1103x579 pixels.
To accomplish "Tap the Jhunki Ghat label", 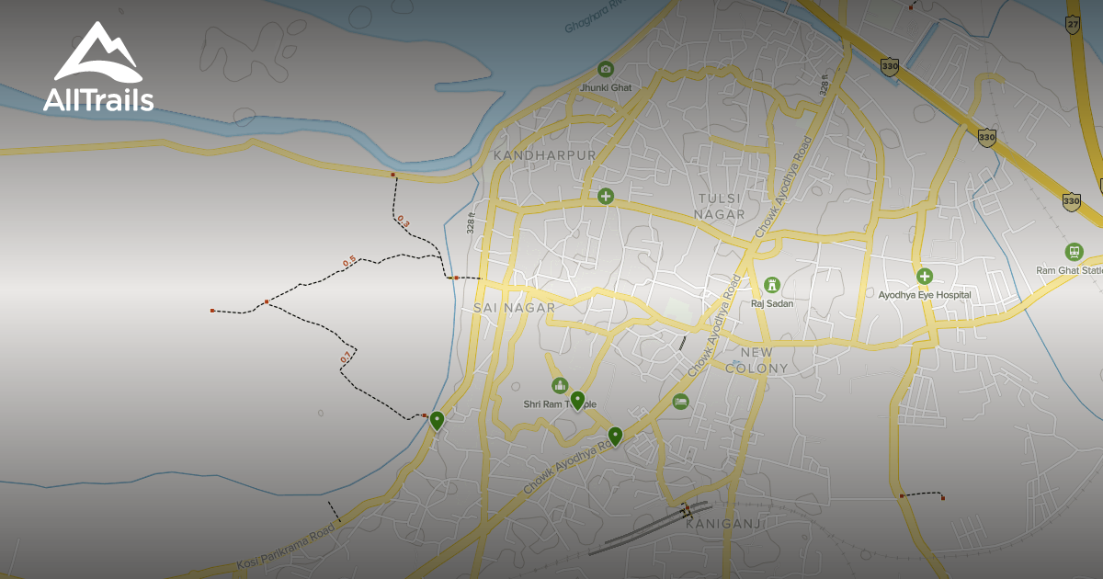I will (x=605, y=87).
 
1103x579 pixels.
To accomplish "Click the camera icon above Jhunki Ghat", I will (x=605, y=69).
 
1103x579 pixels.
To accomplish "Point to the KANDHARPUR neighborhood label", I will (x=544, y=155).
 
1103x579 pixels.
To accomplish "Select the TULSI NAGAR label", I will (x=720, y=207).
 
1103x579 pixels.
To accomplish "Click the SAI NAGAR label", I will (x=515, y=308).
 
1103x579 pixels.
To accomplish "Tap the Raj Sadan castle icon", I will (x=771, y=285).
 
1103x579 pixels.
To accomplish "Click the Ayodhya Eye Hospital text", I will (x=924, y=295).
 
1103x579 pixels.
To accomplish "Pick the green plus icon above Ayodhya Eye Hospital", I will (x=924, y=276).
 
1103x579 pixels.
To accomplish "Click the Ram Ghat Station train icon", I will (x=1073, y=252).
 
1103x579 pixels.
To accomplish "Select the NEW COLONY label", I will (x=756, y=360).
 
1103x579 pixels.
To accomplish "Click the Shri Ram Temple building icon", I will (x=559, y=385).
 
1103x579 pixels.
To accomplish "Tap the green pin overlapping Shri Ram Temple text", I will (x=577, y=400).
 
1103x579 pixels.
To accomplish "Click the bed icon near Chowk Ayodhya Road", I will (x=680, y=401).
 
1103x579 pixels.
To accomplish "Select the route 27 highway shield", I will (x=1073, y=25).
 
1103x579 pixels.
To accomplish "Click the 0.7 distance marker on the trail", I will (x=346, y=357).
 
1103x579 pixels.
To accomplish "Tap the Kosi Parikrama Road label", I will (x=285, y=548).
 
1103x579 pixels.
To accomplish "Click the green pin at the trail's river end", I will (x=437, y=421).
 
